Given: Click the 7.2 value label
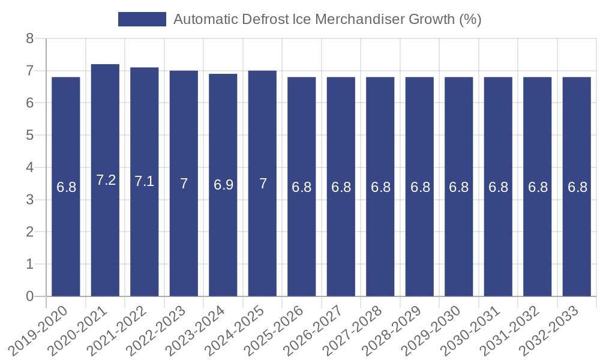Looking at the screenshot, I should (x=106, y=180).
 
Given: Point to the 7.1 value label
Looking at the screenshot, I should (x=145, y=181).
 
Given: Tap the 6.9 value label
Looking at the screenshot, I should (x=223, y=184).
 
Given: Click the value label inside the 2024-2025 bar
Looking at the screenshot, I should (x=263, y=184).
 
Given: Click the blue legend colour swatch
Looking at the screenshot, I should (x=142, y=19).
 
